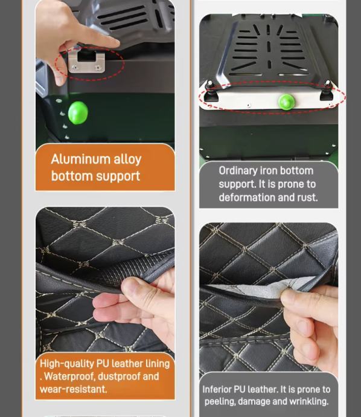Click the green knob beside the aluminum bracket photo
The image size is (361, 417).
click(78, 112)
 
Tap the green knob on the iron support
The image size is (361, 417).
click(286, 102)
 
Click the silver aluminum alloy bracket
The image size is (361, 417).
click(86, 61)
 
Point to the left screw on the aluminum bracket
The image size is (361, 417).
click(75, 67)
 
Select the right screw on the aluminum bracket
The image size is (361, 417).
click(98, 68)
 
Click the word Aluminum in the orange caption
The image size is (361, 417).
click(80, 159)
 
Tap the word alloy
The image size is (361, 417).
click(127, 160)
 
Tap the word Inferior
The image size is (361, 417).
click(217, 389)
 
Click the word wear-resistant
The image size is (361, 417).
click(73, 389)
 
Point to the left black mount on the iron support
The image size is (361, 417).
click(211, 92)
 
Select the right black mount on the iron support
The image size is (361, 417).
click(326, 91)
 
